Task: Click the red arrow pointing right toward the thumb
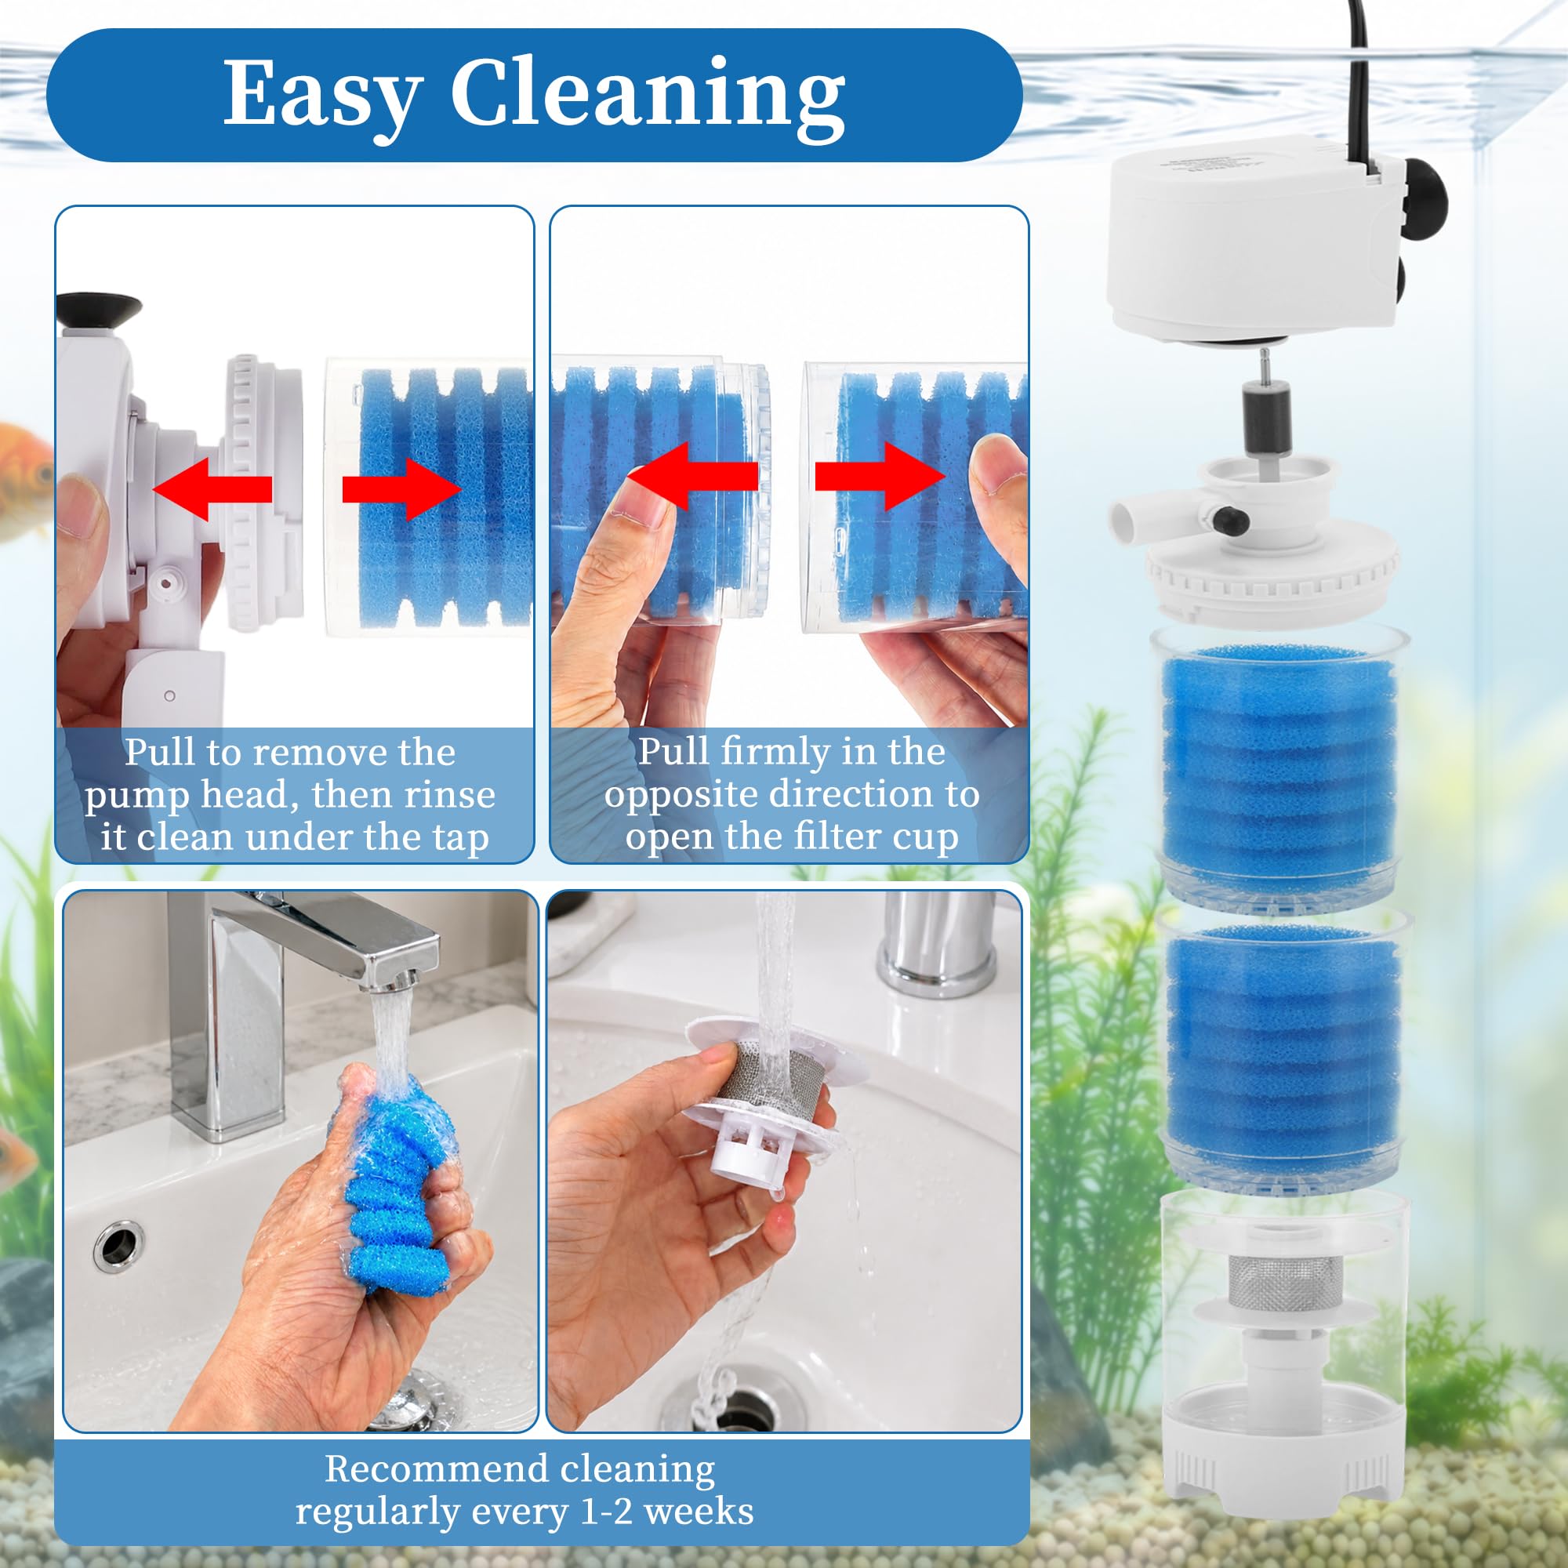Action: click(880, 477)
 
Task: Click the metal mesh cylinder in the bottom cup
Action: click(1281, 1284)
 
